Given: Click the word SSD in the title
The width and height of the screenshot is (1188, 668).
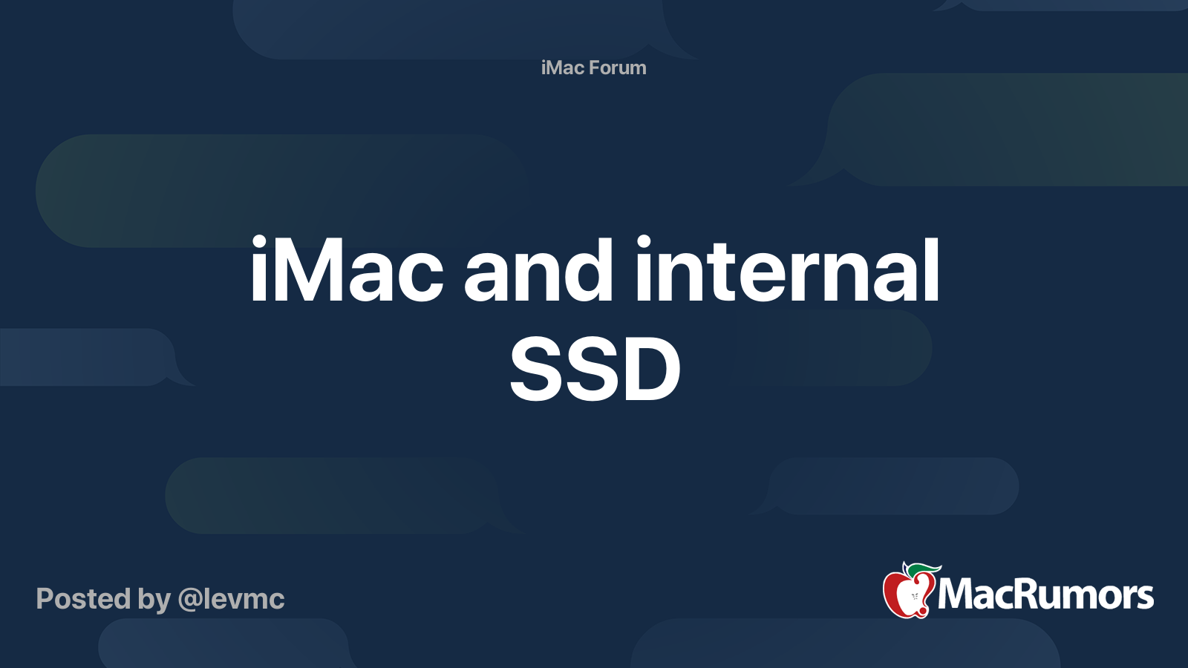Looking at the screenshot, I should coord(595,369).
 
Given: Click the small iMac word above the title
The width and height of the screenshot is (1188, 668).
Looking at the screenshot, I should coord(563,68).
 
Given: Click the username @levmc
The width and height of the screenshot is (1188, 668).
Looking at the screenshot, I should coord(232,599).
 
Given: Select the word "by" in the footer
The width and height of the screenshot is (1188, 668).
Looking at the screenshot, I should coord(154,600).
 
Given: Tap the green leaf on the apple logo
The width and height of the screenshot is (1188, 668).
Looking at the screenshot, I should coord(921,570).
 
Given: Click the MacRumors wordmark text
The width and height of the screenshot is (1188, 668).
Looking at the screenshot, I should coord(1045,595).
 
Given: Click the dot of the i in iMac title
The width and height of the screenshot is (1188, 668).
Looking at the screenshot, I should coord(258,242).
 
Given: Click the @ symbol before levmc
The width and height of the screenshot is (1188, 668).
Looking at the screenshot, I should coord(190,600).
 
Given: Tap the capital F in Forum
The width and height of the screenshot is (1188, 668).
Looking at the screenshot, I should coord(595,68).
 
